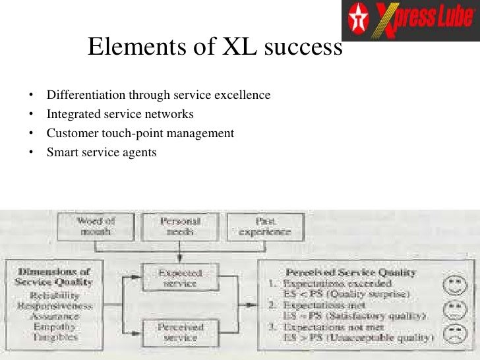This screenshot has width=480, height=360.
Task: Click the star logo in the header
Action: tap(359, 20)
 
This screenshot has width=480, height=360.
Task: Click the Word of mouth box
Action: tap(96, 226)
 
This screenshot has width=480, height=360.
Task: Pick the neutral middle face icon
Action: tap(454, 311)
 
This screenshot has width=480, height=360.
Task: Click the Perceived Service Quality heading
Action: tap(351, 272)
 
